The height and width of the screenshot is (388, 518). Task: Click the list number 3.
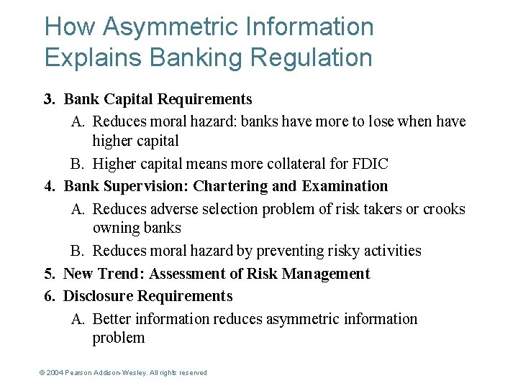click(x=49, y=99)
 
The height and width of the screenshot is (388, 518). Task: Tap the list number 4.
click(x=49, y=186)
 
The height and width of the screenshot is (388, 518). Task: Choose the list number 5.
click(x=49, y=274)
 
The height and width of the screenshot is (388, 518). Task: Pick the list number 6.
click(x=49, y=296)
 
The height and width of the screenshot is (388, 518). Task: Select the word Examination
click(x=345, y=186)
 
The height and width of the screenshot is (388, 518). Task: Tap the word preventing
click(x=314, y=251)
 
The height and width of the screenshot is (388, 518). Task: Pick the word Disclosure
click(x=98, y=296)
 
